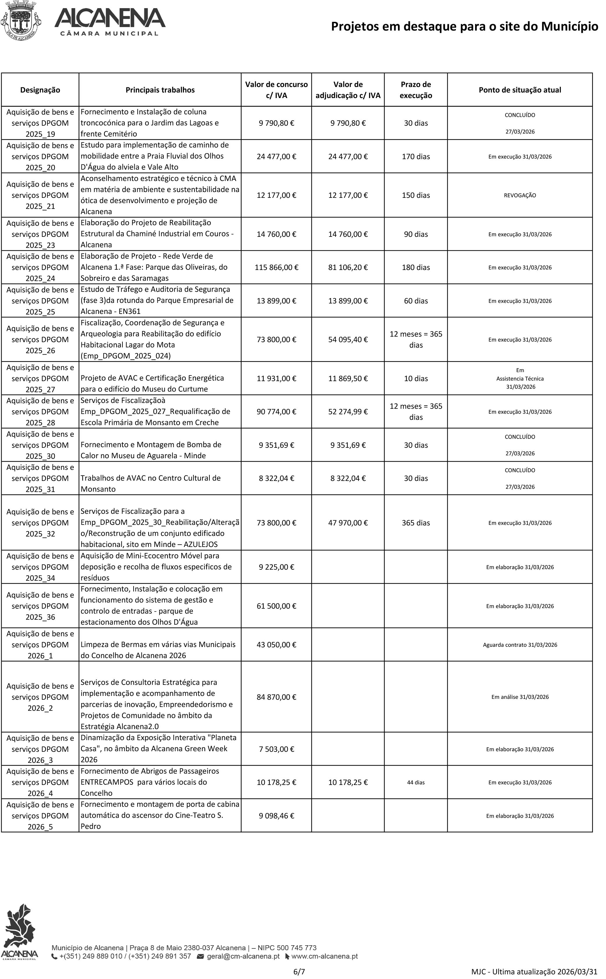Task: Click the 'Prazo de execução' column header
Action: [416, 90]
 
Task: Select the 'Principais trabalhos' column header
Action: [160, 90]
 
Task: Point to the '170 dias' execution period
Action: [416, 156]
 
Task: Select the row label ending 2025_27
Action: [40, 378]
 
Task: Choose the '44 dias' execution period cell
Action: [416, 782]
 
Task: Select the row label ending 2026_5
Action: [40, 815]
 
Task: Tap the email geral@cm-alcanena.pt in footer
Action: [243, 956]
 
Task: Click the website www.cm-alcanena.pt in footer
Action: [324, 956]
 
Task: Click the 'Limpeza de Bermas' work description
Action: [158, 650]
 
